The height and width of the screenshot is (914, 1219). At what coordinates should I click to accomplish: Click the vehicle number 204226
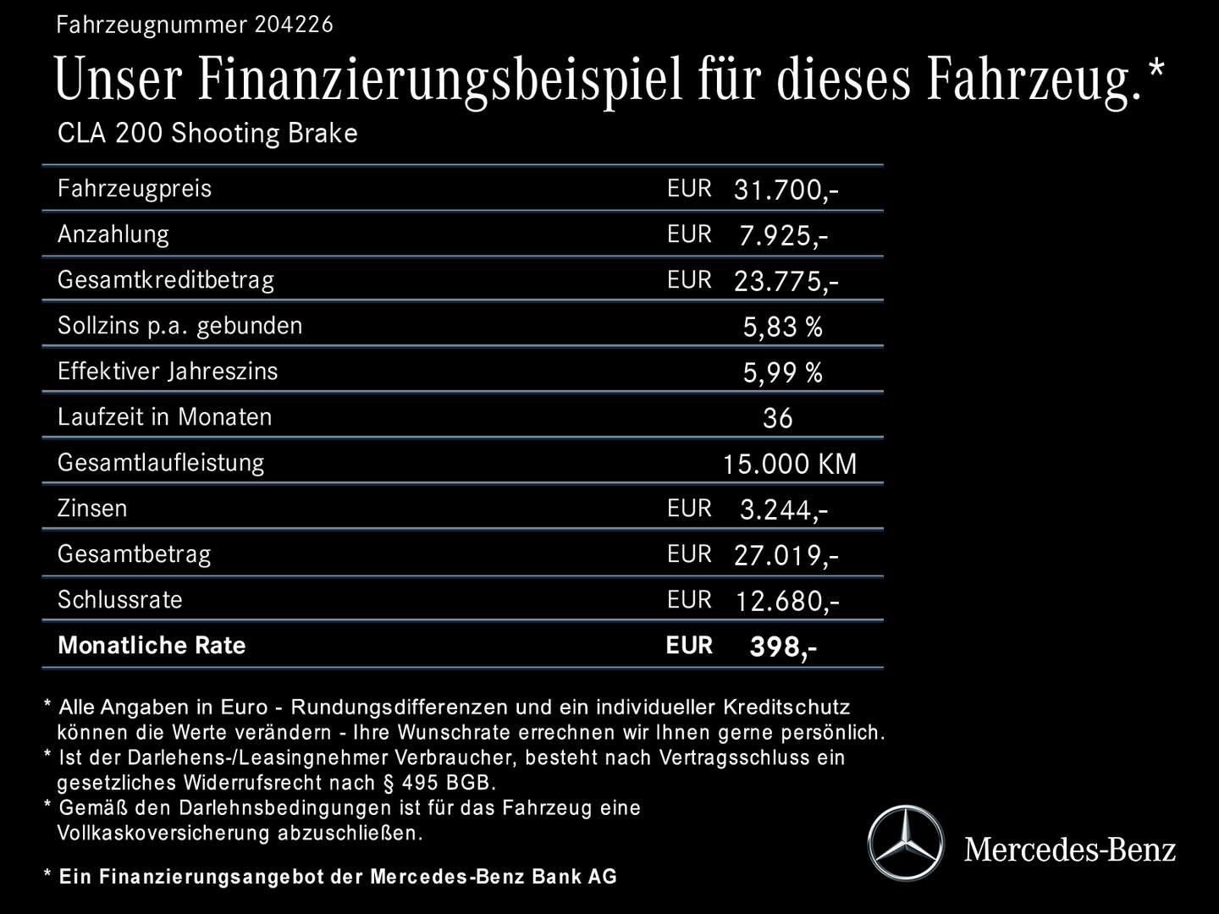(294, 25)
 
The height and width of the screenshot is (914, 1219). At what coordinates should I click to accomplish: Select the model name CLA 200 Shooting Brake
(207, 134)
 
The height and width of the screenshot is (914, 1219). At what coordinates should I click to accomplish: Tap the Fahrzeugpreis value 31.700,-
(786, 190)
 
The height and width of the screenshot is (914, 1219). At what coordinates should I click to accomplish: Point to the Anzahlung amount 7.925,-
(783, 235)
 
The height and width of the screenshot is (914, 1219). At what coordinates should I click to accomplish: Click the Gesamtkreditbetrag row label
(166, 280)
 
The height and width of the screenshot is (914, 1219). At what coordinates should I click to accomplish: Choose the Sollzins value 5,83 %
(782, 327)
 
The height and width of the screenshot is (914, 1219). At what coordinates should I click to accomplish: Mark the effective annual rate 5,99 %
(782, 372)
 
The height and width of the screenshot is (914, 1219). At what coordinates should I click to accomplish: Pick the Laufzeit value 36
(777, 418)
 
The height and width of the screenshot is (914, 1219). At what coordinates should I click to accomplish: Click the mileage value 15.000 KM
(789, 464)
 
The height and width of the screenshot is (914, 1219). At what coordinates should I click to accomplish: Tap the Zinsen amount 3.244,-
(783, 509)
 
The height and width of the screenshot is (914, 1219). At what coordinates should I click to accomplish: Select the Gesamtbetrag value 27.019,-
(786, 555)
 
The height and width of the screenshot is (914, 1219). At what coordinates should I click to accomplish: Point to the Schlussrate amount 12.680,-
(786, 601)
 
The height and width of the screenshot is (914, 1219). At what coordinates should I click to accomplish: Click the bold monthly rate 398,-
(783, 647)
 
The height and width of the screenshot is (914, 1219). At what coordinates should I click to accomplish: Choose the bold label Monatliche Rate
(152, 646)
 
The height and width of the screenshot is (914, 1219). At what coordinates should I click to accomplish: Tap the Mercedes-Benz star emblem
(905, 843)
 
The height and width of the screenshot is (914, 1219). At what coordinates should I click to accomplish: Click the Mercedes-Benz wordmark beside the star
(1070, 849)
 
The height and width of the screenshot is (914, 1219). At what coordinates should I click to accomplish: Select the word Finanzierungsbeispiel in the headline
(440, 80)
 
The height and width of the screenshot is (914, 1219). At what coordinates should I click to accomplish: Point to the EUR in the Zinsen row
(689, 508)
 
